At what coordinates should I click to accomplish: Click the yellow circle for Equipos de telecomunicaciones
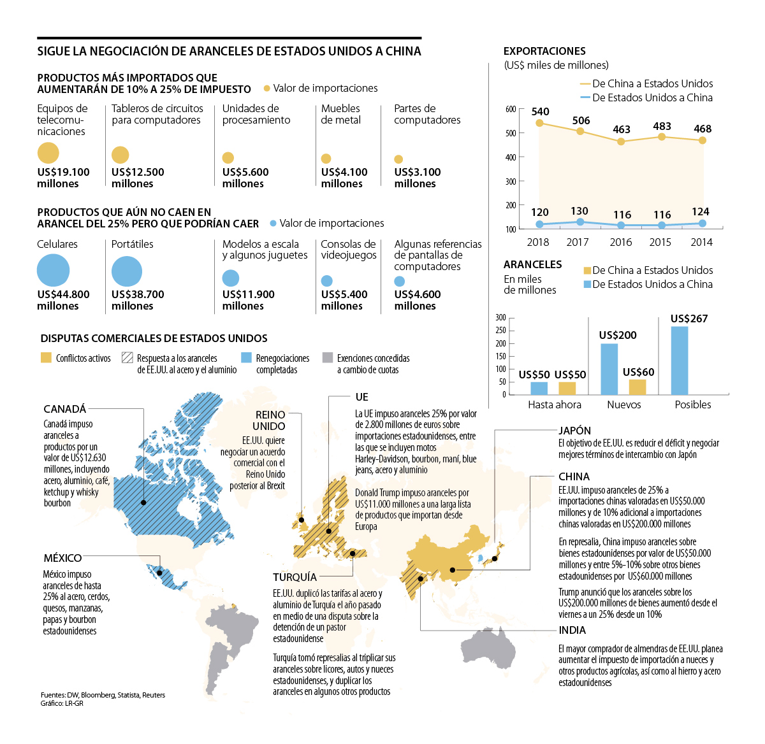tap(48, 153)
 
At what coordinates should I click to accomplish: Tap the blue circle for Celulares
tap(53, 270)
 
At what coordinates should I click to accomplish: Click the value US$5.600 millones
tap(245, 178)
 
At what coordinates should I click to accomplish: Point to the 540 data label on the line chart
tap(540, 111)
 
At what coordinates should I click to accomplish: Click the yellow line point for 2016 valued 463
tap(621, 141)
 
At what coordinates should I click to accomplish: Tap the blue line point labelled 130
tap(579, 222)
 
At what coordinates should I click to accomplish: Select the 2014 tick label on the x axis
tap(701, 242)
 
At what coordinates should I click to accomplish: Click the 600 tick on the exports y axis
tap(511, 109)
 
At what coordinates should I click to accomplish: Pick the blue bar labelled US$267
tap(680, 361)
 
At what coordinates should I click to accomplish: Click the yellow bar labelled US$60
tap(637, 387)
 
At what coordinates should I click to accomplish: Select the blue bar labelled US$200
tap(609, 369)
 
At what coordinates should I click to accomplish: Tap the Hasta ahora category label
tap(555, 404)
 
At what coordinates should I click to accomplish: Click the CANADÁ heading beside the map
tap(64, 409)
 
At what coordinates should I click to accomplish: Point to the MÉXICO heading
tap(62, 558)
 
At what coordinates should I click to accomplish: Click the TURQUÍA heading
tap(295, 577)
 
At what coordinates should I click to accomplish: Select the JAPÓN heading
tap(574, 431)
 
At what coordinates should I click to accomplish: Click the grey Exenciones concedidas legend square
tap(328, 358)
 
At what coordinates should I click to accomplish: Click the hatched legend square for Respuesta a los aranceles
tap(127, 358)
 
